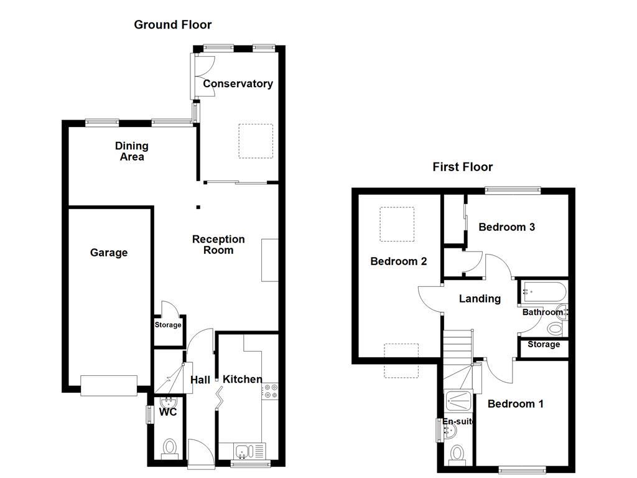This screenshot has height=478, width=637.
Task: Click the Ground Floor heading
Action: (x=173, y=25)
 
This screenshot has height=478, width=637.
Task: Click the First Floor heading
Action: (x=462, y=167)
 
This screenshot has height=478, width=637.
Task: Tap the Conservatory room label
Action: (x=238, y=84)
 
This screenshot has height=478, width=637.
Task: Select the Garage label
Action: (x=108, y=253)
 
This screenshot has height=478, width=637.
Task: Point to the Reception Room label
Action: (x=218, y=245)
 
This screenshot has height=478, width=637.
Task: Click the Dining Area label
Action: (x=132, y=151)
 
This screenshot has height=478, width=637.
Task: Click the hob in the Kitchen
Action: (x=272, y=391)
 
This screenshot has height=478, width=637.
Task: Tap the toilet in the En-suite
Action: (x=458, y=452)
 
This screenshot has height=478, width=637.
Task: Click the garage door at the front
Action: (x=109, y=385)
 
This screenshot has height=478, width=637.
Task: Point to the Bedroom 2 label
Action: (x=398, y=261)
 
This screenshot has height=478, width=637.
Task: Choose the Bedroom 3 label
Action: (x=506, y=227)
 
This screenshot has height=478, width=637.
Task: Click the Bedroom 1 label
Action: (x=515, y=404)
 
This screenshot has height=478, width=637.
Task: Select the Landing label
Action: (x=480, y=299)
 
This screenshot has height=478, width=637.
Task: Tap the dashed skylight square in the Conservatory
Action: (x=256, y=141)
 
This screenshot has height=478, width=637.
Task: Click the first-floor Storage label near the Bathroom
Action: (x=544, y=344)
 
